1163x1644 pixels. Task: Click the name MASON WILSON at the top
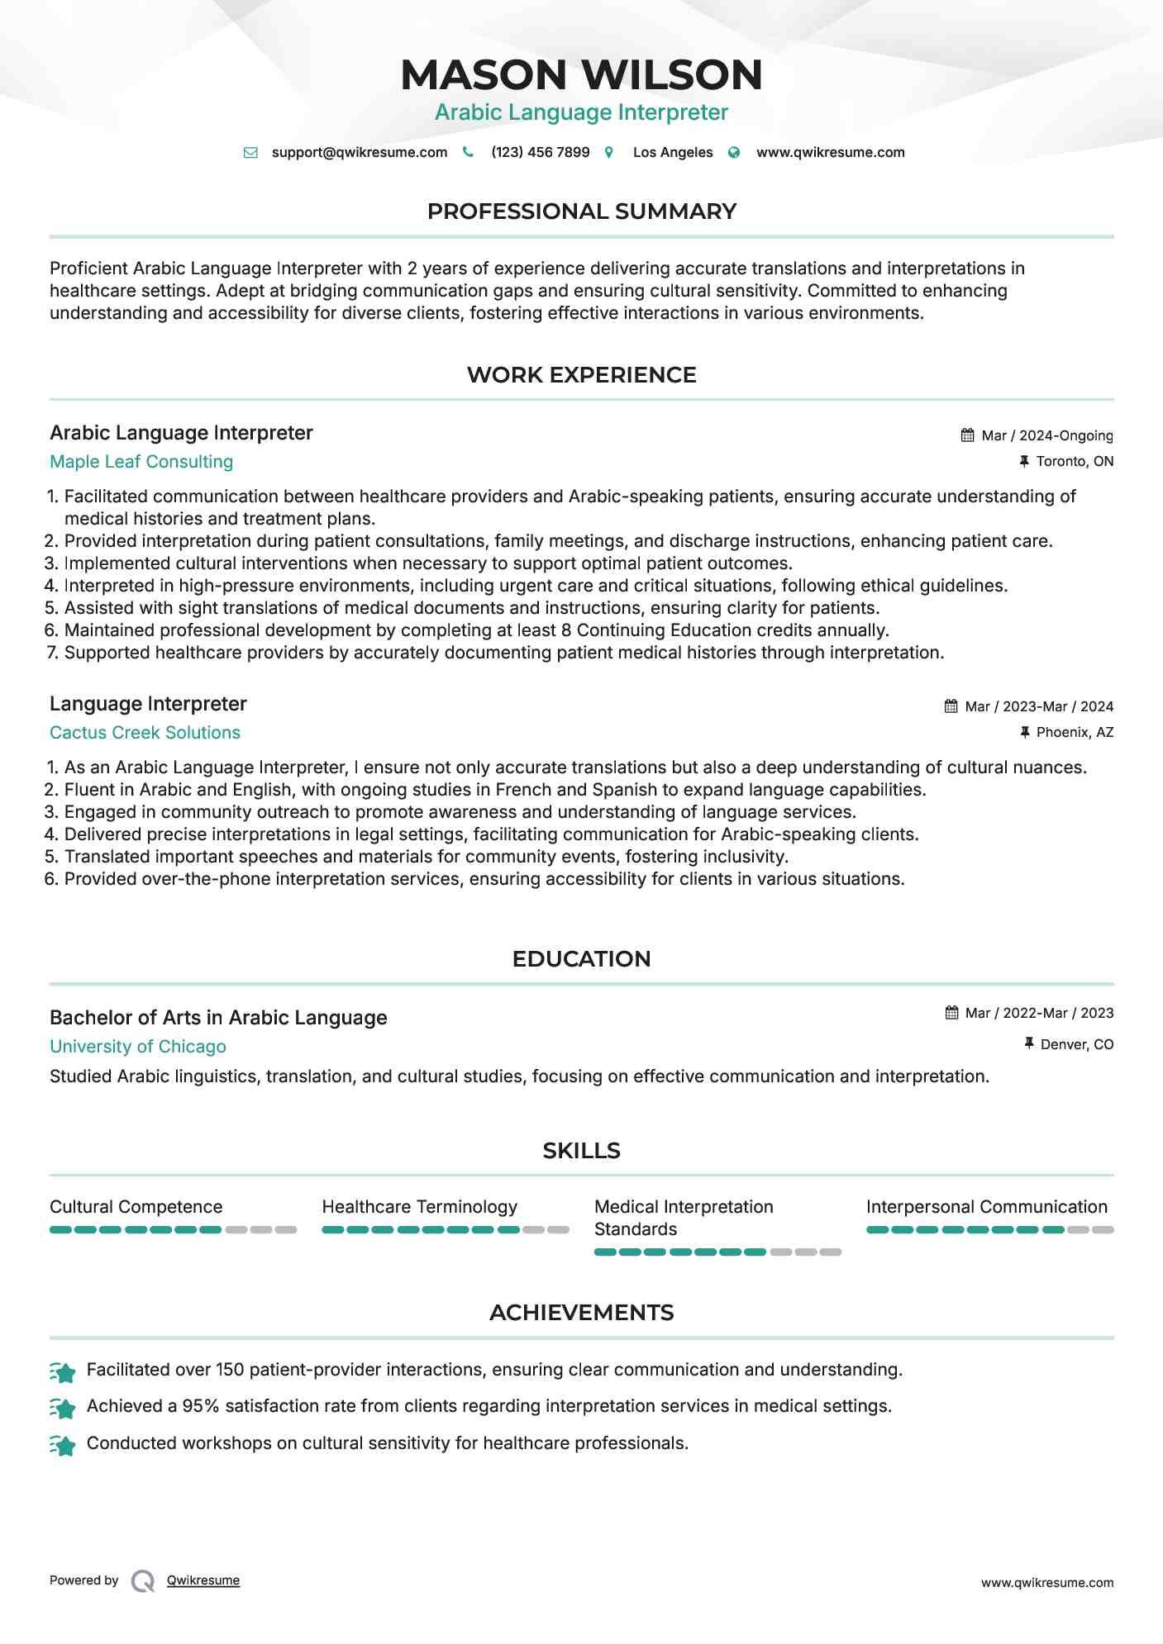(x=581, y=75)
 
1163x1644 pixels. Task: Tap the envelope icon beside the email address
(x=250, y=153)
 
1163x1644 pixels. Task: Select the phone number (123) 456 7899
(x=540, y=153)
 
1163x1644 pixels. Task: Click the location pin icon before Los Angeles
(x=609, y=153)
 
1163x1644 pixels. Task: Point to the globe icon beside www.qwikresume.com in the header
(x=734, y=153)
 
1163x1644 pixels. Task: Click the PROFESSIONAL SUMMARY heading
(x=581, y=211)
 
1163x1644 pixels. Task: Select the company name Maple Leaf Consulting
(x=141, y=462)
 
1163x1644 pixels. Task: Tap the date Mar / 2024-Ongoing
(x=1046, y=436)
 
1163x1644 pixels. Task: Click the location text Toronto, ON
(x=1075, y=462)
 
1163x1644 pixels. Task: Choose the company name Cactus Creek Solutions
(x=145, y=733)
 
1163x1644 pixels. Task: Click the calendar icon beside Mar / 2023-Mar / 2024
(x=951, y=706)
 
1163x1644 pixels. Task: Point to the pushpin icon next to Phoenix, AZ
(x=1025, y=733)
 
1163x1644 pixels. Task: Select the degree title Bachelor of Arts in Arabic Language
(x=218, y=1018)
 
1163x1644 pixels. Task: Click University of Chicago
(x=138, y=1047)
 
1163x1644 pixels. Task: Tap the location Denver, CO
(x=1076, y=1045)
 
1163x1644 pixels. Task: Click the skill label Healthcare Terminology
(x=419, y=1207)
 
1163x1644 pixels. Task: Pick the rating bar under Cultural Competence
(x=173, y=1230)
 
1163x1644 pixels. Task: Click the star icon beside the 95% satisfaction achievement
(x=63, y=1408)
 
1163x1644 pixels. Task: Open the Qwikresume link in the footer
(x=203, y=1580)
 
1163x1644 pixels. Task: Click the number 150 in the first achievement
(x=230, y=1370)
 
